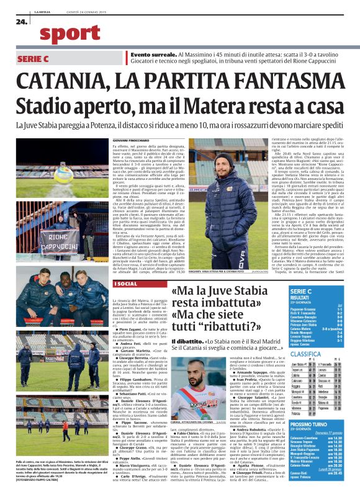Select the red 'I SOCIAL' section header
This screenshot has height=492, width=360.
pos(124,283)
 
